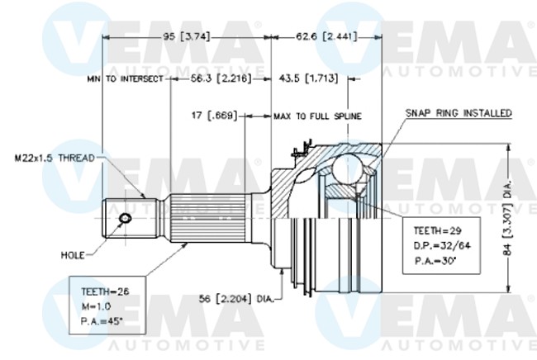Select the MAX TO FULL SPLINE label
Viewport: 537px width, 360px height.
pos(317,116)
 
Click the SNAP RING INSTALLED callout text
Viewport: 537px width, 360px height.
pos(459,112)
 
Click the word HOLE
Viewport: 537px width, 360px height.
pos(74,255)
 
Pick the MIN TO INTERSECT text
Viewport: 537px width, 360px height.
pos(126,79)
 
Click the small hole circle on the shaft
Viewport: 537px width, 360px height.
pos(125,218)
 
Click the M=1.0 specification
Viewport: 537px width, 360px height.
pos(97,306)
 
